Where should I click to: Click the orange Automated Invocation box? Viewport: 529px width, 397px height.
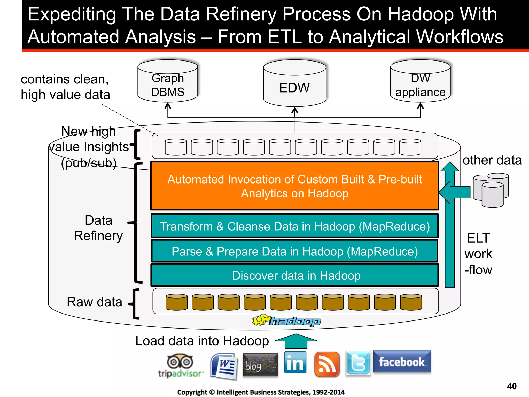pyautogui.click(x=294, y=186)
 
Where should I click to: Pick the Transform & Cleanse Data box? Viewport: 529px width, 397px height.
pyautogui.click(x=294, y=226)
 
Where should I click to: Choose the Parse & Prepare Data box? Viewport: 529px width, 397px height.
pyautogui.click(x=294, y=251)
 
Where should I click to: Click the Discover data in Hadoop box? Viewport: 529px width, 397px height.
pyautogui.click(x=294, y=276)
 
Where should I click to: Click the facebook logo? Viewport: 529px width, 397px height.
pyautogui.click(x=402, y=362)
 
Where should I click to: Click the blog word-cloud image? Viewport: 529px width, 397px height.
pyautogui.click(x=260, y=365)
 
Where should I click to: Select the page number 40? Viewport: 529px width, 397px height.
pyautogui.click(x=512, y=386)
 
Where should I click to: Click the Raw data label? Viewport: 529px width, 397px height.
pyautogui.click(x=94, y=302)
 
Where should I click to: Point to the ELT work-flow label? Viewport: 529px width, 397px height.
pyautogui.click(x=478, y=254)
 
